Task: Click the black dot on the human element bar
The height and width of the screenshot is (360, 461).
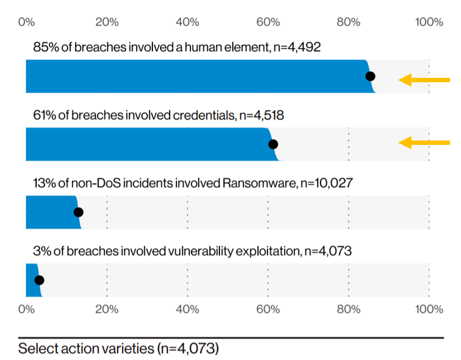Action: click(370, 77)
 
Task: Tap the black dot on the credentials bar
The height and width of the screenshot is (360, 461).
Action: click(273, 144)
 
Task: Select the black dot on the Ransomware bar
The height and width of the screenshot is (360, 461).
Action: click(78, 212)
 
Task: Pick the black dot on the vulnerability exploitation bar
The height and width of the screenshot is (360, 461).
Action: click(39, 280)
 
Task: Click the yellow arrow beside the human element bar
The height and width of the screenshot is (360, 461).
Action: click(424, 80)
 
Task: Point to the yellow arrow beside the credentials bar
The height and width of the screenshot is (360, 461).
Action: click(424, 142)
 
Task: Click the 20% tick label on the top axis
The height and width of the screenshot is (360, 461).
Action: click(107, 22)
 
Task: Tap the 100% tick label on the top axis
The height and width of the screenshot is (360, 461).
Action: click(429, 22)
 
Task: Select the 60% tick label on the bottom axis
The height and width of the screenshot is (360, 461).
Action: click(268, 309)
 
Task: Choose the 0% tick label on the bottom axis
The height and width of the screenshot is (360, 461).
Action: click(27, 309)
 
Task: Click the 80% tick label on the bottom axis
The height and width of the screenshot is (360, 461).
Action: click(348, 309)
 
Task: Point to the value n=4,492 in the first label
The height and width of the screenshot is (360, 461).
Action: click(297, 47)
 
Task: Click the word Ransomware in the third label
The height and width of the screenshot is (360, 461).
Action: click(259, 183)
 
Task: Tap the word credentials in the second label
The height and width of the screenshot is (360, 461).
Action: click(204, 115)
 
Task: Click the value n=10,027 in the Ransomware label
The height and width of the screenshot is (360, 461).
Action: click(326, 183)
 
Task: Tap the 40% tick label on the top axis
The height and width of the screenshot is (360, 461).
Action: click(188, 22)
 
